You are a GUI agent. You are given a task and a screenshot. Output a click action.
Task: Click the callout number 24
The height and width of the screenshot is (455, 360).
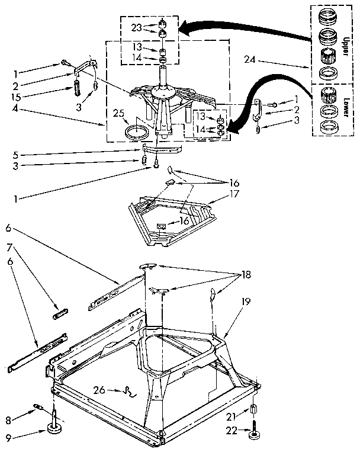point(250,59)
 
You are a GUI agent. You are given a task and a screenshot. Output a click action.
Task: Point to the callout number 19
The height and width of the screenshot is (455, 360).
point(245,301)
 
